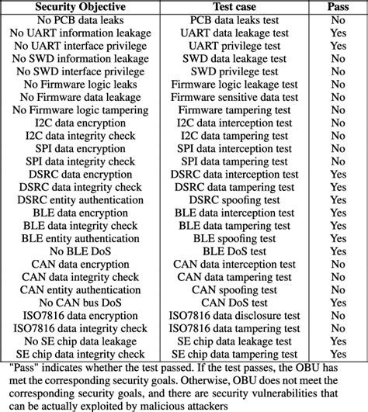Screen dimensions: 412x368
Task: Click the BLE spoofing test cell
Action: [x=235, y=237]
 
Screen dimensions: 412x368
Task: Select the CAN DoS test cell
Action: [x=235, y=302]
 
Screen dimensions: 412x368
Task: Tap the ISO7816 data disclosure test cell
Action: [x=235, y=314]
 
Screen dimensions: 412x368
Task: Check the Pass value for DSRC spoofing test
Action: [x=338, y=199]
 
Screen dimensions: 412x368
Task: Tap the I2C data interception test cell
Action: [x=235, y=123]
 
